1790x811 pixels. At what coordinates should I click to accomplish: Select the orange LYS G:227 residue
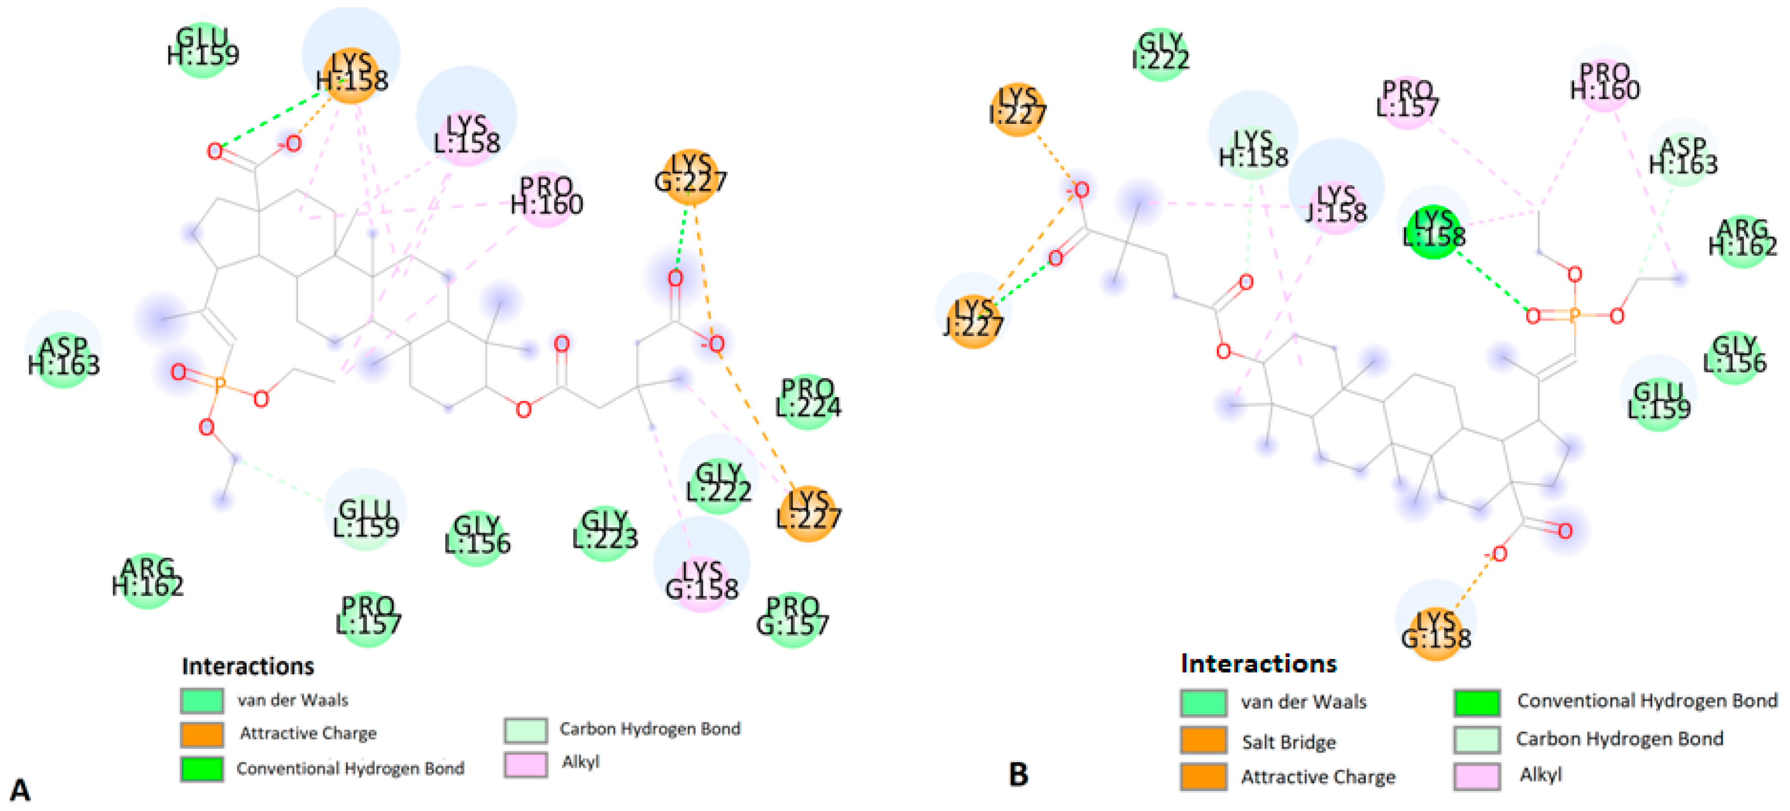(690, 176)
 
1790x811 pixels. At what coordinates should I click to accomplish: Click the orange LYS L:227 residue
(807, 513)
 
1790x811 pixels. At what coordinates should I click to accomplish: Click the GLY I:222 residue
(1160, 54)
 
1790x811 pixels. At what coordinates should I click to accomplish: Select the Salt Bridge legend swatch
(1203, 741)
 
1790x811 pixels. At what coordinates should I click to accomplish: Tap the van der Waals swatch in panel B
(1203, 703)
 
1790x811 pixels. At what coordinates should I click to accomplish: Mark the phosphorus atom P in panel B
(1575, 316)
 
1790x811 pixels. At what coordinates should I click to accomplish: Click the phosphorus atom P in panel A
(219, 384)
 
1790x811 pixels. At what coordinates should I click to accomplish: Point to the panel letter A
(19, 790)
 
